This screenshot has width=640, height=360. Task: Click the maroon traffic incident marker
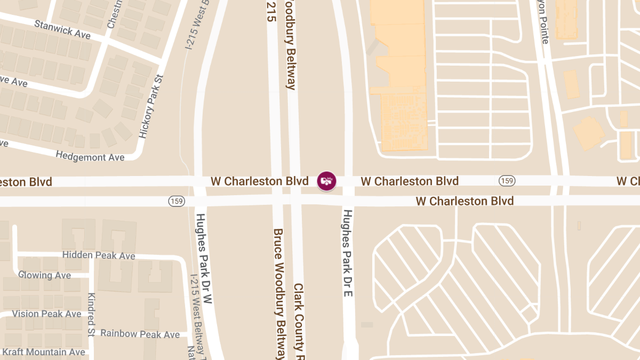(x=326, y=181)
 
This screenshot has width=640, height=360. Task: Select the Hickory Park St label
(x=150, y=107)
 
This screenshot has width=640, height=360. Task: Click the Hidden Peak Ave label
(x=99, y=255)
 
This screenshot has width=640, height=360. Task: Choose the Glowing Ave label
(x=44, y=275)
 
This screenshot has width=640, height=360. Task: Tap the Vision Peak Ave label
(x=46, y=314)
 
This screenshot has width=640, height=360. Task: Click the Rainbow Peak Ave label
(x=140, y=334)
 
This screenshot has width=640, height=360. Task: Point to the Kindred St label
(x=91, y=309)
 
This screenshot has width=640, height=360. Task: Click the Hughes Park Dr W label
(x=204, y=259)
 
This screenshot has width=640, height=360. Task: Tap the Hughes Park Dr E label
(x=348, y=253)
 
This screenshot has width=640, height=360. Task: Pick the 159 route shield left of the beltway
(x=177, y=201)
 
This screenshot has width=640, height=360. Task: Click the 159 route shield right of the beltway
(x=507, y=181)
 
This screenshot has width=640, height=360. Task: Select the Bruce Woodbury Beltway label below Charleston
(x=279, y=293)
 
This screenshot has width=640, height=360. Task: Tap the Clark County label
(x=299, y=320)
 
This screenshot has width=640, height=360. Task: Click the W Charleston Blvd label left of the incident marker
(x=259, y=181)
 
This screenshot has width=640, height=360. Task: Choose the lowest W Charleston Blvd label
(x=464, y=201)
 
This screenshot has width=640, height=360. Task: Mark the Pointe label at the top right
(x=544, y=21)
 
